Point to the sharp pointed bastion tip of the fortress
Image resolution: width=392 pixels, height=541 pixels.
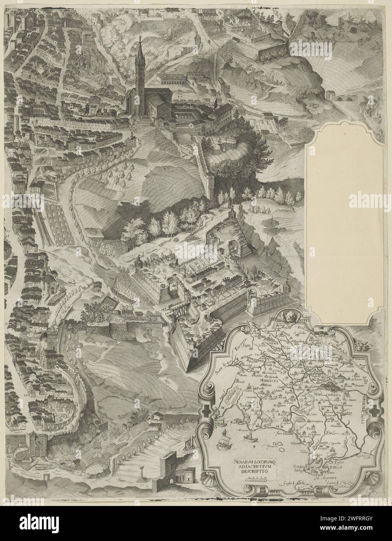tap(188, 370)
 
